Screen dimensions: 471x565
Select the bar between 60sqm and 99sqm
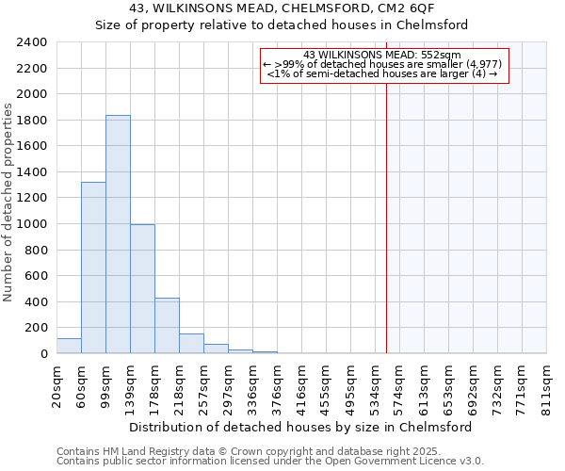coord(93,268)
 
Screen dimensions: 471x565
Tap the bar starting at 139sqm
coord(142,288)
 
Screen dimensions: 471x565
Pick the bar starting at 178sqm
coord(167,325)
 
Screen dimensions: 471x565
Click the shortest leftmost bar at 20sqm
coord(69,346)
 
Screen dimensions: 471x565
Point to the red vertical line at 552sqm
coord(386,207)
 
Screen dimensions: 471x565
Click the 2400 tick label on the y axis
coord(33,42)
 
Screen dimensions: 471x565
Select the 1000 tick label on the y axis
coord(33,224)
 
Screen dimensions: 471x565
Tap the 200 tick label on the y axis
coord(37,328)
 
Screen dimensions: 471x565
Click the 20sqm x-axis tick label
coord(56,384)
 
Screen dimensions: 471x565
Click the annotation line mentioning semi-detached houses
coord(382,73)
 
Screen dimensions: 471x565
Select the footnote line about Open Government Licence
coord(270,462)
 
